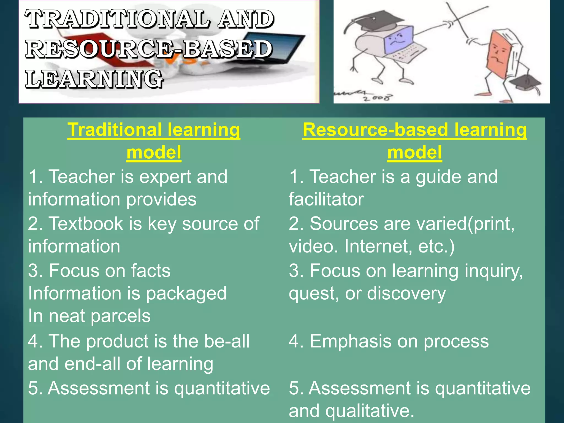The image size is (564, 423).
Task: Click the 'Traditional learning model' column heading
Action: (154, 141)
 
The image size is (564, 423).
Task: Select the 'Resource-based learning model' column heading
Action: (414, 141)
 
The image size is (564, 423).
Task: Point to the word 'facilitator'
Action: (326, 199)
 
